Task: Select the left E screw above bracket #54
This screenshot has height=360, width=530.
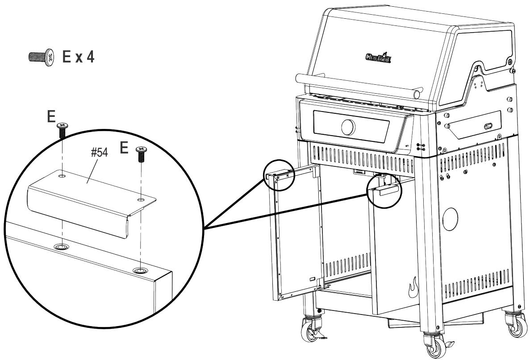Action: click(x=61, y=132)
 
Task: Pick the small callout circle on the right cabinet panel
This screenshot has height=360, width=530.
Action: click(x=384, y=189)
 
